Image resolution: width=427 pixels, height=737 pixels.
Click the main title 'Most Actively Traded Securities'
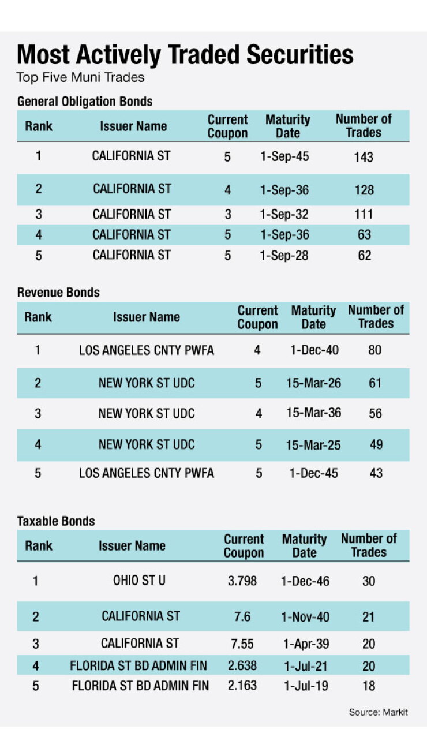(x=185, y=55)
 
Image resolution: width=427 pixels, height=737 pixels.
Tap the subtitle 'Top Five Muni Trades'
(x=81, y=78)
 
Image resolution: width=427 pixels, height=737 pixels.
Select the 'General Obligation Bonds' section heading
(x=85, y=102)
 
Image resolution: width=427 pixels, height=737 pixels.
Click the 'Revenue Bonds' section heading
(x=58, y=292)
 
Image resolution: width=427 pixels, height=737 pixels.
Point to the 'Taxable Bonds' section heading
(x=56, y=521)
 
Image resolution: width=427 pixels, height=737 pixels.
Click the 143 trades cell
(x=364, y=157)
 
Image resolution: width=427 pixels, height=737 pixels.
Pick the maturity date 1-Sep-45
(x=284, y=156)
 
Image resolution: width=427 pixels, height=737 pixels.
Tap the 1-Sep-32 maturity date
(x=284, y=215)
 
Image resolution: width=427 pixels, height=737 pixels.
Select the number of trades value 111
(x=364, y=215)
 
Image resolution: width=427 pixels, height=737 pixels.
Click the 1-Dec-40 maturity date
(x=314, y=350)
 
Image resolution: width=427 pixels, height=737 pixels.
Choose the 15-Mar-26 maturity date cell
(x=313, y=383)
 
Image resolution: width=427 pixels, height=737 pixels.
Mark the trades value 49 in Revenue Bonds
(x=376, y=444)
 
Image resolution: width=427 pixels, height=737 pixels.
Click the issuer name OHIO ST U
(x=139, y=580)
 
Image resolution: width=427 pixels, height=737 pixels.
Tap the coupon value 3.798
(x=242, y=581)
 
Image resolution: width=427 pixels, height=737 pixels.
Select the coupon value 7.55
(x=242, y=644)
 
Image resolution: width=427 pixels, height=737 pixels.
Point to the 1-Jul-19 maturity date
(x=306, y=686)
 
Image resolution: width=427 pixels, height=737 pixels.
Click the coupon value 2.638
(x=242, y=665)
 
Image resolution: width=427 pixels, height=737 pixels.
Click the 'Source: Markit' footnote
(x=379, y=712)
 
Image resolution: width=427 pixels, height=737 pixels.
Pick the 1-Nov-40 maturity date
(x=305, y=616)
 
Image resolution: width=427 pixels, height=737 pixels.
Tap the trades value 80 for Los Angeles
(x=374, y=350)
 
